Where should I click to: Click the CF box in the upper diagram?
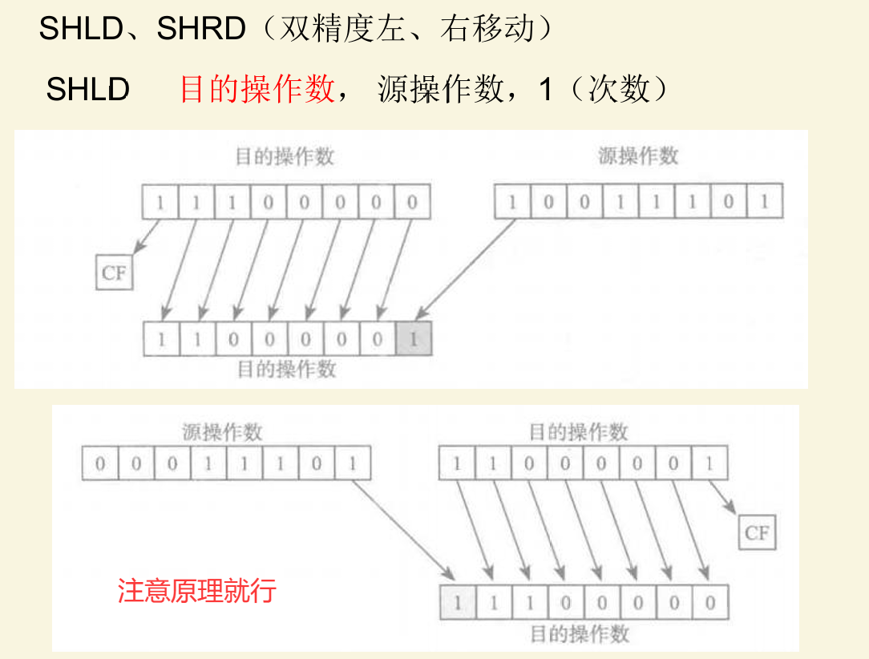coord(114,273)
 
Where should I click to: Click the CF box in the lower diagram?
coord(757,532)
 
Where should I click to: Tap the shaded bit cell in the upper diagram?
coord(414,339)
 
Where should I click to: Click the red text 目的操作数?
coord(257,89)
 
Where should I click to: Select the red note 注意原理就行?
coord(197,591)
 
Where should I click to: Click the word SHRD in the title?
coord(201,30)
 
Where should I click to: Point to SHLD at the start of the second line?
coord(87,89)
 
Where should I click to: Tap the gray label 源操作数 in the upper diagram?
coord(638,156)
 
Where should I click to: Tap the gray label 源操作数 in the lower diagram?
coord(222,433)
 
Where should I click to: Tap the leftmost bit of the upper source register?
coord(511,202)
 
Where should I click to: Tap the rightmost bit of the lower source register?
coord(353,464)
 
